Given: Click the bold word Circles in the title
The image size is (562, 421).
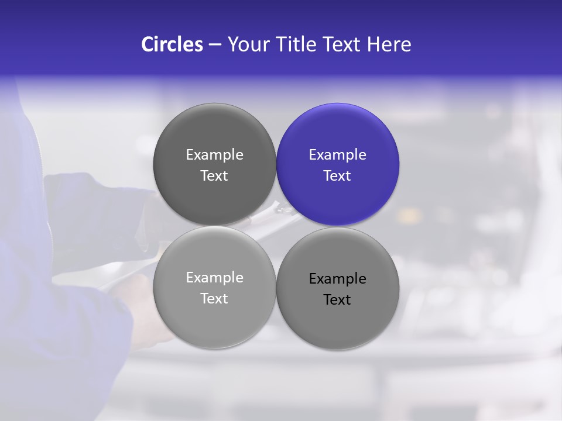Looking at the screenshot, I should (x=172, y=44).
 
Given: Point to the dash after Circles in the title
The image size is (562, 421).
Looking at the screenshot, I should (x=215, y=45).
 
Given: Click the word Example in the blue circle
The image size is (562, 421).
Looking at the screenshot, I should (x=338, y=155).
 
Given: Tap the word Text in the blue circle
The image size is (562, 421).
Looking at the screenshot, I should (x=337, y=176).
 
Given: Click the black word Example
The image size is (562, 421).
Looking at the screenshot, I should (x=338, y=279).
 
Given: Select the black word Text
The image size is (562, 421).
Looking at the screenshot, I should (x=337, y=300).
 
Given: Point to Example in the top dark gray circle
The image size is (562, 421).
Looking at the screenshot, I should (x=214, y=155).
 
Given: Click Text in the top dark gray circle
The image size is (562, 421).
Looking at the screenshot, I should (x=214, y=176).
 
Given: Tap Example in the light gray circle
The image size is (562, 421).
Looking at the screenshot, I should (x=214, y=278).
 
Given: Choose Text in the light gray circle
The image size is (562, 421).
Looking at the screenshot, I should (x=214, y=299).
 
